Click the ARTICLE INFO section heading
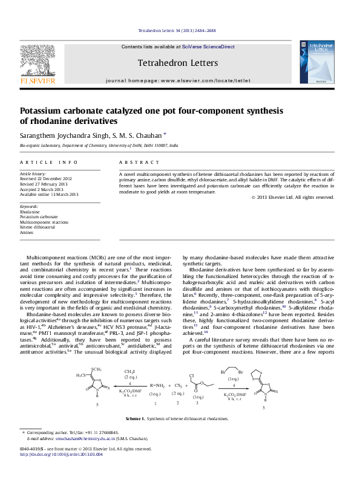pyautogui.click(x=48, y=163)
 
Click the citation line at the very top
pyautogui.click(x=177, y=30)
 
